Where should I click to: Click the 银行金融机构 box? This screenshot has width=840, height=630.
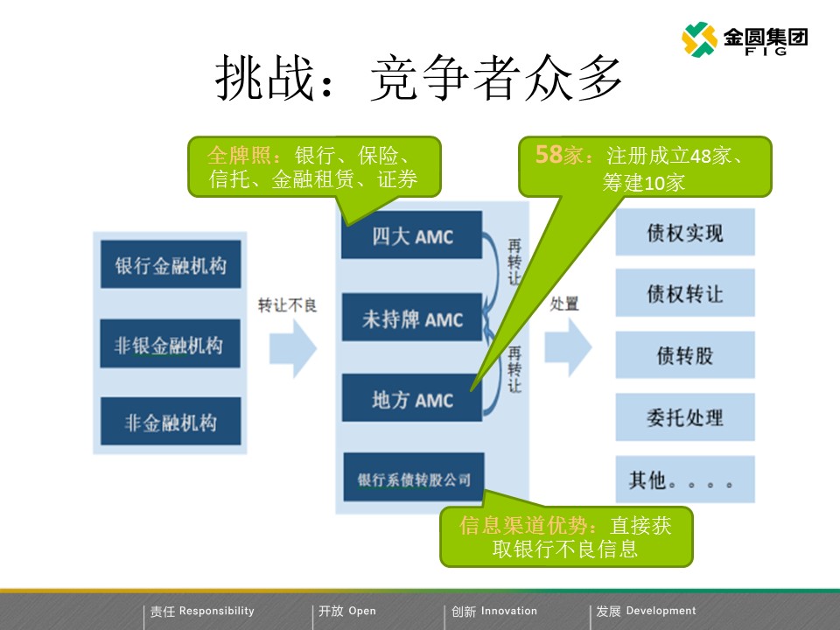point(171,264)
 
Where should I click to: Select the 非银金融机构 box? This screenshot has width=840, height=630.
point(171,344)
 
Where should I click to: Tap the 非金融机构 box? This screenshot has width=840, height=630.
point(171,423)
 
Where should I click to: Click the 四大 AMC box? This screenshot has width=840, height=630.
point(411,235)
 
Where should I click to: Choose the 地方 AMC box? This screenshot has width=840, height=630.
point(411,399)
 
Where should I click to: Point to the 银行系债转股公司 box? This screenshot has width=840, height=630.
point(414,478)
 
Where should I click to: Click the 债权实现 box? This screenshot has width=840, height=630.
point(685,233)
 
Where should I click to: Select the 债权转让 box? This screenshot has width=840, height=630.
point(685,293)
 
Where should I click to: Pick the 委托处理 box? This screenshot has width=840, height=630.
point(685,416)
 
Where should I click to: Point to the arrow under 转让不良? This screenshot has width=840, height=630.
point(292,346)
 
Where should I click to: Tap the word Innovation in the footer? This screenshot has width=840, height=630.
point(509,611)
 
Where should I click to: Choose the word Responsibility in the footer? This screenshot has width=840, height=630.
point(216,611)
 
